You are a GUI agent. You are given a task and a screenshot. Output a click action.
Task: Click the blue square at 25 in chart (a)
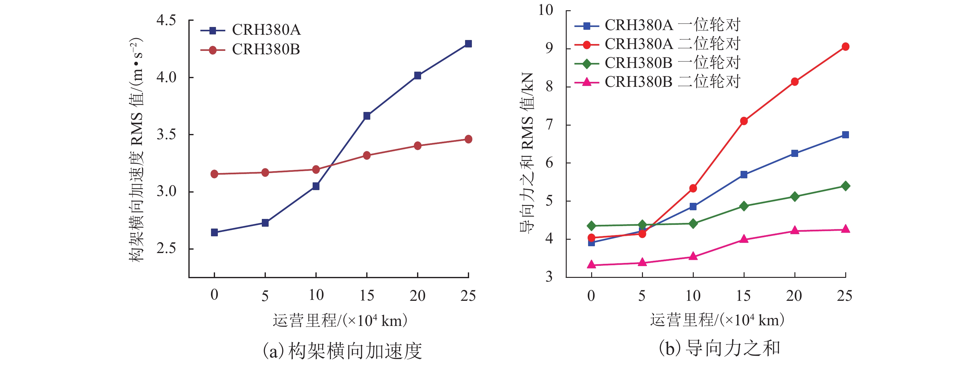click(x=468, y=44)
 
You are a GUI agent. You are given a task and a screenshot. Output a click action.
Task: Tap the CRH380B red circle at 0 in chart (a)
click(x=214, y=174)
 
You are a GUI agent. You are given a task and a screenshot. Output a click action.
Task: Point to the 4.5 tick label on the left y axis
click(x=166, y=20)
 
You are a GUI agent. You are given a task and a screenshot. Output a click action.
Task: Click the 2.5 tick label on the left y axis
click(x=166, y=248)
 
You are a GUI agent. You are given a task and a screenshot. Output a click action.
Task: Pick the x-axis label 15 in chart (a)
click(x=367, y=295)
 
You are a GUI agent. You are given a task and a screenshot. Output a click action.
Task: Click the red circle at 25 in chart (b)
click(x=845, y=47)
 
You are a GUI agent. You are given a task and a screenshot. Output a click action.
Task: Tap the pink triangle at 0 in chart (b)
click(x=591, y=265)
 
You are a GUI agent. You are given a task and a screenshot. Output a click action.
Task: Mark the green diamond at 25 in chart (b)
click(x=845, y=186)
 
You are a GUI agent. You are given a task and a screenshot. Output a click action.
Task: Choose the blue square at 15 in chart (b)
click(x=744, y=175)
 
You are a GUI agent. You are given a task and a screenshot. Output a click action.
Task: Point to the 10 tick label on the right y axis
click(x=546, y=10)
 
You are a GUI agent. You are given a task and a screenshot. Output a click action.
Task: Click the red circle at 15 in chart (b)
click(x=744, y=121)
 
